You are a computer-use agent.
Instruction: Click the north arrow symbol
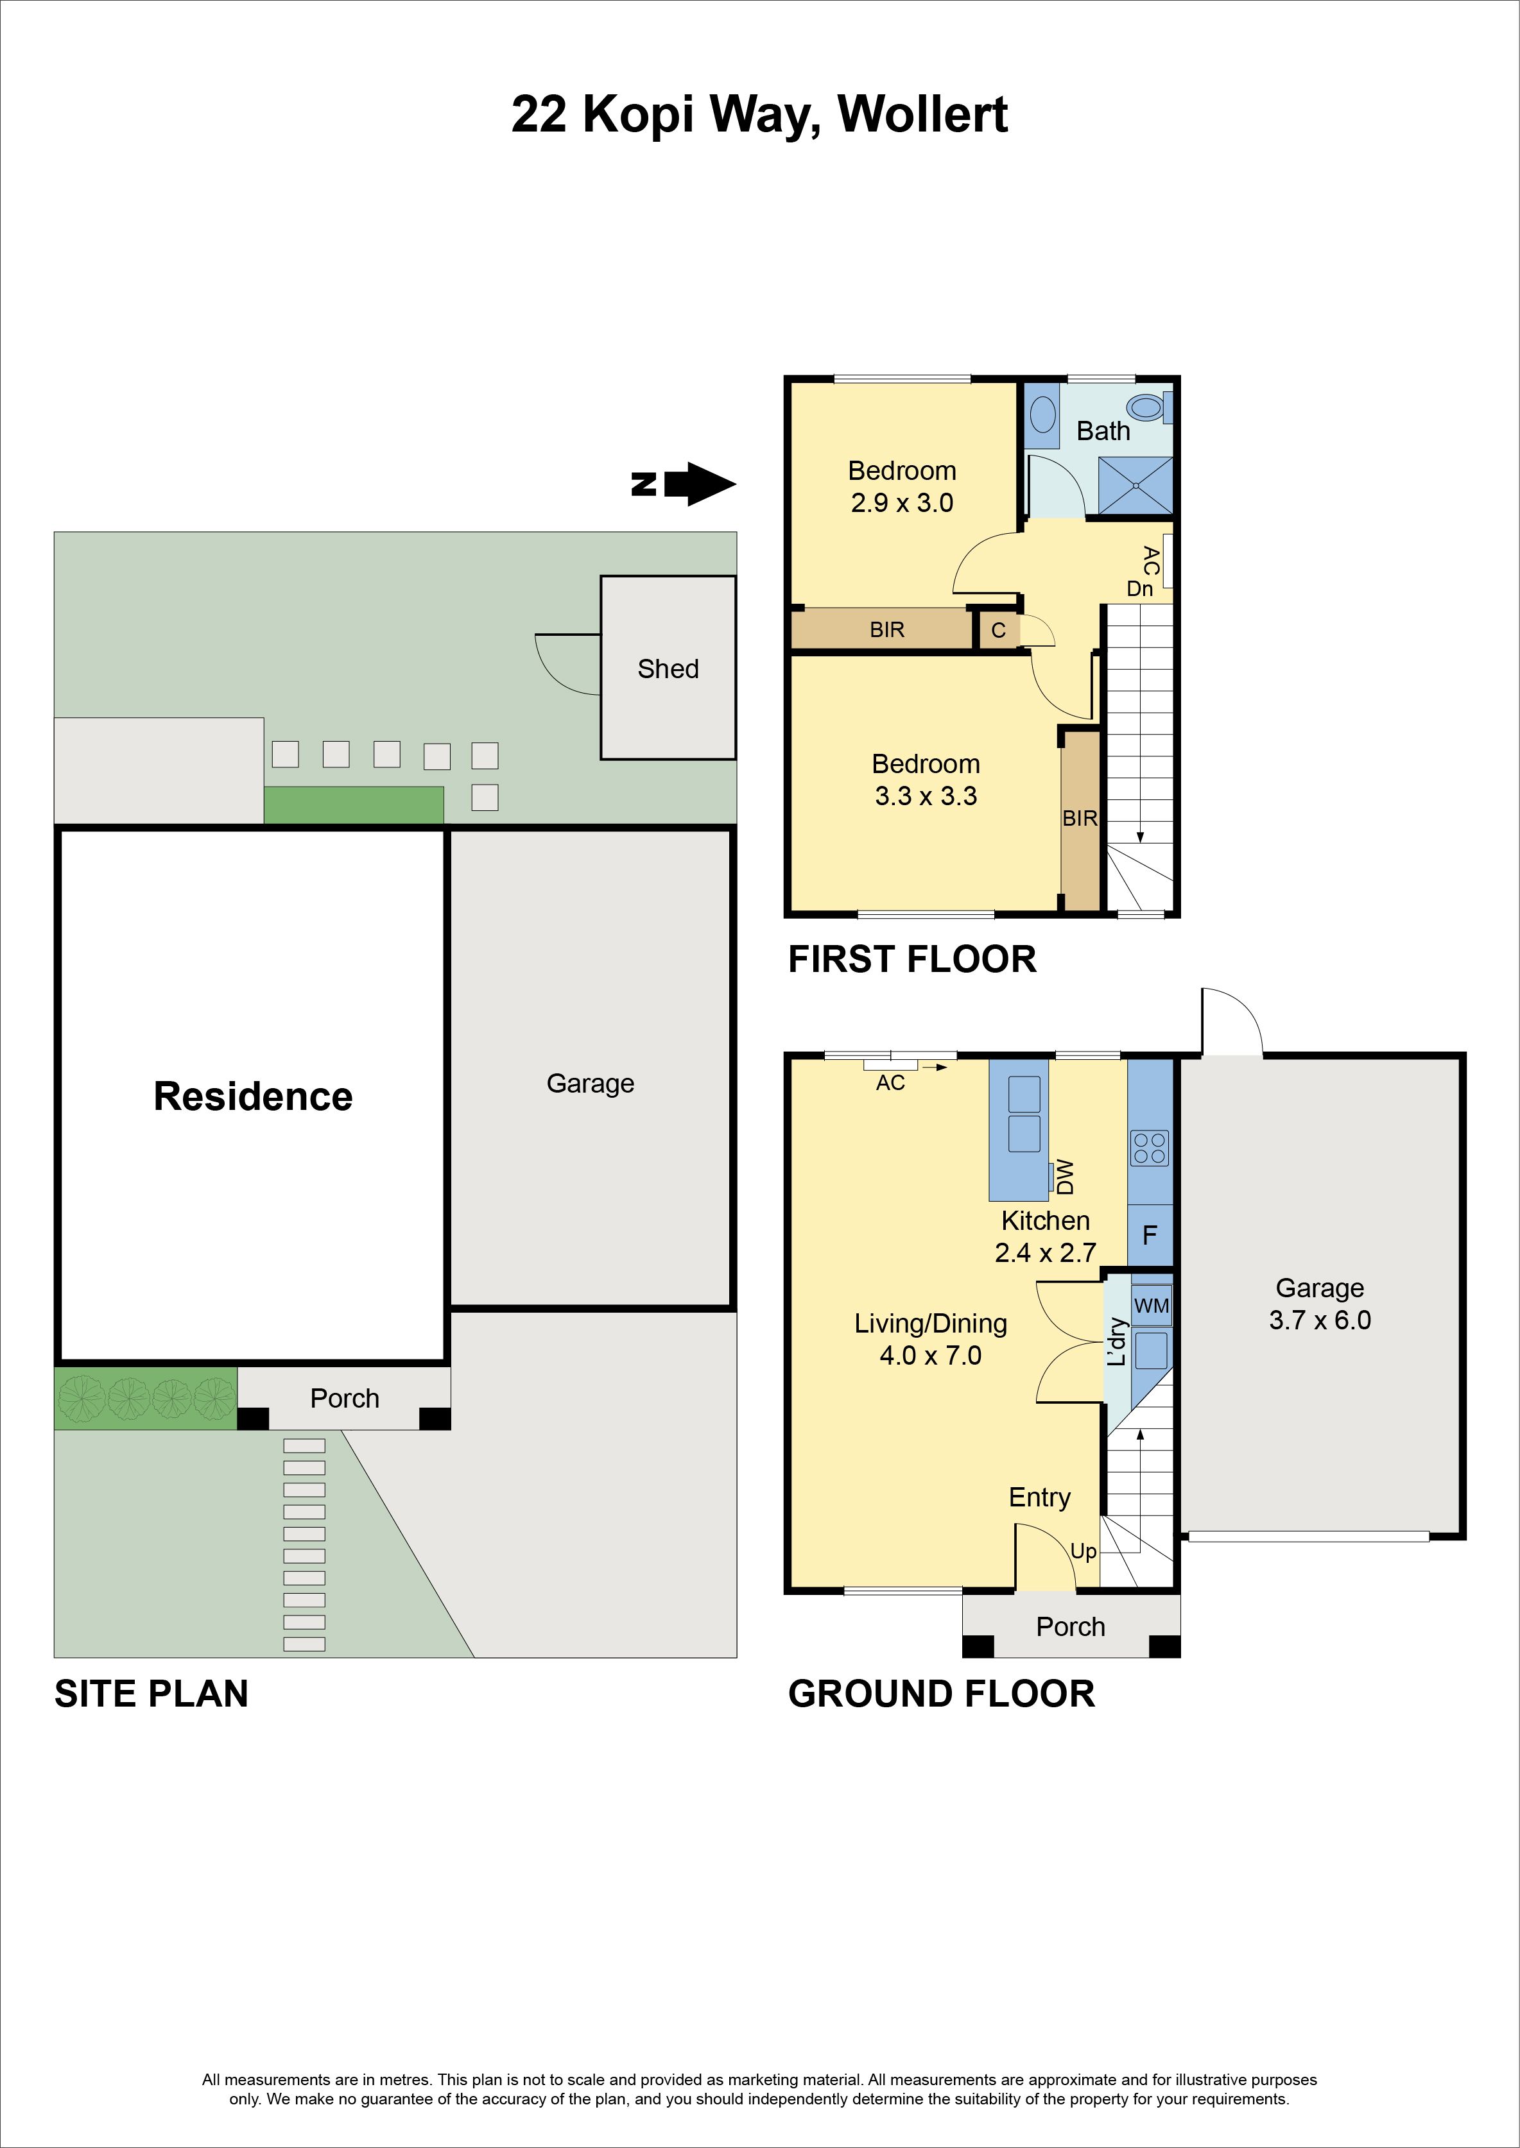(x=684, y=484)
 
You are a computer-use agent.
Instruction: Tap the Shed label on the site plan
(x=668, y=669)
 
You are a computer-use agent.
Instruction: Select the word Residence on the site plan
(x=253, y=1096)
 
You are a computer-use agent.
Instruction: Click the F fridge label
(x=1150, y=1235)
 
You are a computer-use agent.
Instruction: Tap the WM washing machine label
(x=1151, y=1305)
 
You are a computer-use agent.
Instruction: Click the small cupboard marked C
(x=997, y=631)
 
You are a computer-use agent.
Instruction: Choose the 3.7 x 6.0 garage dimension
(x=1320, y=1320)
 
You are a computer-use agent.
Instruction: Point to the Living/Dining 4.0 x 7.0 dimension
(x=930, y=1356)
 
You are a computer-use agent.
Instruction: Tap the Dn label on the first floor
(x=1140, y=588)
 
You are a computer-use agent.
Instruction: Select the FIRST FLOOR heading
(x=913, y=960)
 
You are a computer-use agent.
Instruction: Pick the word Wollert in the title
(x=923, y=115)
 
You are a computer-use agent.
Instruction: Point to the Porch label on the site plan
(x=345, y=1399)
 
